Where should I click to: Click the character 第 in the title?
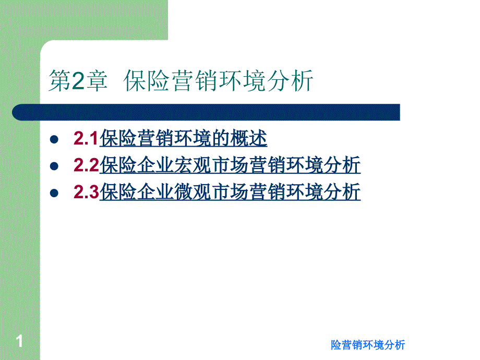60,81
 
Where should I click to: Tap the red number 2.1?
86,138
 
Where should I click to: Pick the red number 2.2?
86,165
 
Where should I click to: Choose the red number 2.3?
86,192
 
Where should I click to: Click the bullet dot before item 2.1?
54,140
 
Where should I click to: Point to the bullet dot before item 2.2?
54,166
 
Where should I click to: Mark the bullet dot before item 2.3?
54,193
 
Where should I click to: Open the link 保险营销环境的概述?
183,138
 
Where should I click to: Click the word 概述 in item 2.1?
248,138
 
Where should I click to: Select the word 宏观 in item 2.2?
193,165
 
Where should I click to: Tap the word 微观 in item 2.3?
193,192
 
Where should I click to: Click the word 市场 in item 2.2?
230,165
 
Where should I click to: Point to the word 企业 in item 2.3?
155,192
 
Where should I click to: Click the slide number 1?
19,341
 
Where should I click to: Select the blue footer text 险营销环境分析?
368,345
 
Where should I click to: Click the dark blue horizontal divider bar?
206,112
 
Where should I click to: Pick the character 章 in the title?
97,81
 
